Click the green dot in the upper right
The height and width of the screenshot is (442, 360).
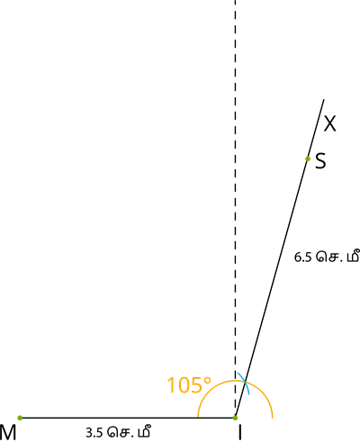click(308, 158)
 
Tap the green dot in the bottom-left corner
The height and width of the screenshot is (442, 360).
click(20, 418)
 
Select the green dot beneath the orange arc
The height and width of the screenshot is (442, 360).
click(235, 418)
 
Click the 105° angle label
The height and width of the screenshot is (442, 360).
click(188, 386)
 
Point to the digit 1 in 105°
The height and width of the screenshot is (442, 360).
click(172, 386)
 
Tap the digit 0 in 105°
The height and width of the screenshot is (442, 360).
click(184, 386)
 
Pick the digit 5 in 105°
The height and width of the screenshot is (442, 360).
click(196, 386)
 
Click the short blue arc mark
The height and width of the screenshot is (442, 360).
click(244, 383)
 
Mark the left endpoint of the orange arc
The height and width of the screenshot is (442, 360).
click(198, 417)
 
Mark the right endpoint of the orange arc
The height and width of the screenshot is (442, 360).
click(272, 417)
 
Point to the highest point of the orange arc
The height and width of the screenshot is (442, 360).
click(235, 381)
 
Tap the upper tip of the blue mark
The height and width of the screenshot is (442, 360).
click(238, 373)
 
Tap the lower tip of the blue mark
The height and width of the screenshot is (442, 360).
click(248, 394)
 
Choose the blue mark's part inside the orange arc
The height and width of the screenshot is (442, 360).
click(247, 389)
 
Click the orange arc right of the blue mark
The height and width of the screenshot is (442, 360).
click(263, 393)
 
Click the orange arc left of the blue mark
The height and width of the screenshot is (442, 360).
click(211, 390)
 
